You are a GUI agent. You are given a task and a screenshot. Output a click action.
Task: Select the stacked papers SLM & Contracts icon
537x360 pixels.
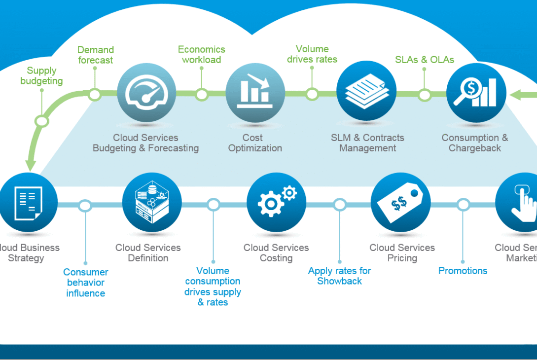pos(366,91)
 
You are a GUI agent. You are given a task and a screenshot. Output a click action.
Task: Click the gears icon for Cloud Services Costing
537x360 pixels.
pos(276,203)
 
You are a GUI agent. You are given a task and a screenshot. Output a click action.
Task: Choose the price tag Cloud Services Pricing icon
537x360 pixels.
pos(400,203)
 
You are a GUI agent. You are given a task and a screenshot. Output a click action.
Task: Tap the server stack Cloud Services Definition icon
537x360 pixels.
pos(152,203)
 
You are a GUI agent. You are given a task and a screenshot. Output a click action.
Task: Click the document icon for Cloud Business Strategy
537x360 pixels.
pos(28,203)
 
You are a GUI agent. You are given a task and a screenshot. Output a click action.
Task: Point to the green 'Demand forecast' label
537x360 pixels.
pos(95,55)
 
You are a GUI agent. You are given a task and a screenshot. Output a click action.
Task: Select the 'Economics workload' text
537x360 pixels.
pos(201,54)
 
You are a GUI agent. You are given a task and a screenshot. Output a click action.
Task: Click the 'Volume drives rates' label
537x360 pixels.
pos(312,54)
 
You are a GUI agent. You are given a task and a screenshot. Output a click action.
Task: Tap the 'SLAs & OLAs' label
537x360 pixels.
pos(425,60)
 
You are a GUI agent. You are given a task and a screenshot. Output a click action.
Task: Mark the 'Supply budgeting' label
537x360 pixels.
pos(41,75)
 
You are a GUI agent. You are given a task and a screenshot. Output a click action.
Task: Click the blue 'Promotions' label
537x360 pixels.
pos(463,271)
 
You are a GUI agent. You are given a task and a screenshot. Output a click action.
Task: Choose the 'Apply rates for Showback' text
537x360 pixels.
pos(339,276)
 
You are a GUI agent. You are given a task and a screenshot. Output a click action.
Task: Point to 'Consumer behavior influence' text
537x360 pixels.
pos(86,283)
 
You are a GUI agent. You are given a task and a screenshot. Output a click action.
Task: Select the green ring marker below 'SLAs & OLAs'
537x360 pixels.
pos(425,95)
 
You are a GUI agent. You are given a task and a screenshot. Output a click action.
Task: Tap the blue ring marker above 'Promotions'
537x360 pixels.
pos(463,205)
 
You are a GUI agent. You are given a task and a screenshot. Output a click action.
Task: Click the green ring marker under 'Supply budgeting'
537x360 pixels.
pos(42,120)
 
